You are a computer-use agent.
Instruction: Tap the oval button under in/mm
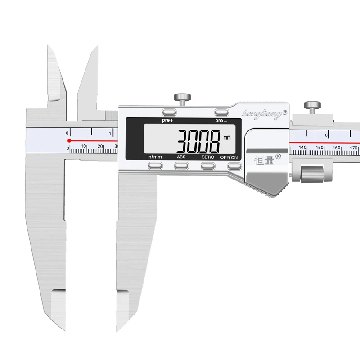[155, 166]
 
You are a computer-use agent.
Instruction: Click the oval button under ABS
[181, 166]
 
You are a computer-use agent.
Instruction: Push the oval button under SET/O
[207, 166]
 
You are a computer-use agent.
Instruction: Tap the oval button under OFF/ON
[234, 166]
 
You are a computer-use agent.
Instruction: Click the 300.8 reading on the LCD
[198, 141]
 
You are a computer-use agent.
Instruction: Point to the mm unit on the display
[226, 137]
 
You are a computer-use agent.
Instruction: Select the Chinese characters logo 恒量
[263, 159]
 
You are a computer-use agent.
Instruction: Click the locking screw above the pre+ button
[183, 97]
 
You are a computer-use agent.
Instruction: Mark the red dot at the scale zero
[68, 141]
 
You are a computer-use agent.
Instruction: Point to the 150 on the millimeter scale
[319, 148]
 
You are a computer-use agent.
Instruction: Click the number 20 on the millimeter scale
[100, 146]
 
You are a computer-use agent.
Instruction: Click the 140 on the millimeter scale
[302, 148]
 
